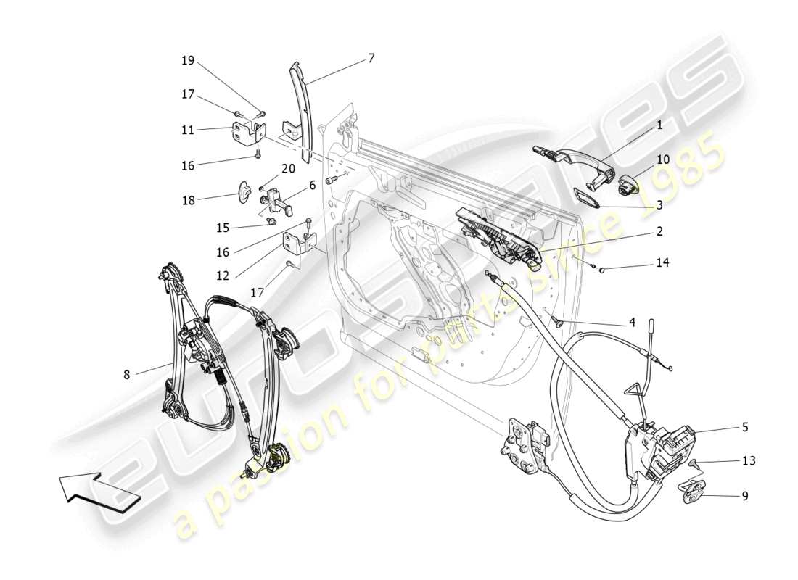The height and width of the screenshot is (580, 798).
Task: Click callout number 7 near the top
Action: [371, 58]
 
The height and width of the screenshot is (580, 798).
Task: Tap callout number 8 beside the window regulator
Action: [127, 375]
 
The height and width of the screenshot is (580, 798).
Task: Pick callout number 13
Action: [749, 460]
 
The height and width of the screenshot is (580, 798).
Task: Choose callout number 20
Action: [289, 169]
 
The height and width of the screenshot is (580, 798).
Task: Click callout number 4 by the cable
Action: [632, 321]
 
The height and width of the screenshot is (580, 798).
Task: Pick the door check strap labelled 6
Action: [276, 199]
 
